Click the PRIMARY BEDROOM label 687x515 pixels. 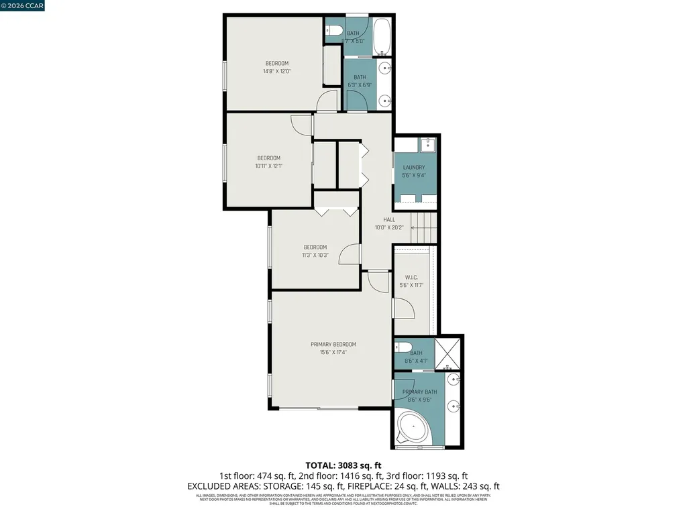pos(333,345)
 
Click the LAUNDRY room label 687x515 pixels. pos(414,168)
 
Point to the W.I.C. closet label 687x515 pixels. pos(412,278)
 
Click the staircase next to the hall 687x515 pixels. pos(423,227)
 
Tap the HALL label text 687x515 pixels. pos(389,219)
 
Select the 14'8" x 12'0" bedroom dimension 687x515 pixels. pos(277,71)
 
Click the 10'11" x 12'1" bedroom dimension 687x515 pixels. pos(268,166)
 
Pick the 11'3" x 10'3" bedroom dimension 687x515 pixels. pos(315,255)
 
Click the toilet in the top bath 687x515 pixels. pos(334,30)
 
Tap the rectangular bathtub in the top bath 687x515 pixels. pos(382,36)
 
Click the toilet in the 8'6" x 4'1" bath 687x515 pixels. pos(403,347)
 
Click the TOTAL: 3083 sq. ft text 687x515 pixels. pos(343,465)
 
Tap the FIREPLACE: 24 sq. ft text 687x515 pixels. pos(387,486)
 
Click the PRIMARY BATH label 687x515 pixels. pos(419,392)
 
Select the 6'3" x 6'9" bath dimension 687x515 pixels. pos(360,85)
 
